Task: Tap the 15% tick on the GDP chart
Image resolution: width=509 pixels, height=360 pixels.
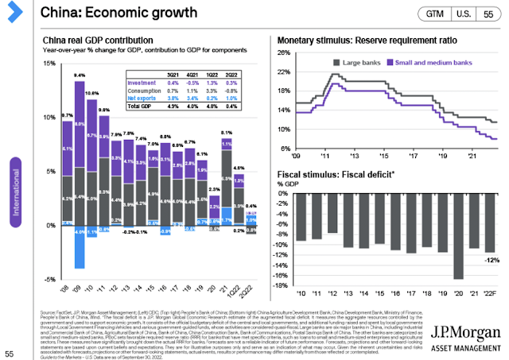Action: pos(50,64)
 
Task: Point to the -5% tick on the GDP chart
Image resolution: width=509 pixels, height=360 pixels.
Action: pos(50,280)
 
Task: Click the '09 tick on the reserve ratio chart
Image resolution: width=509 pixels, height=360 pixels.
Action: pos(299,157)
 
